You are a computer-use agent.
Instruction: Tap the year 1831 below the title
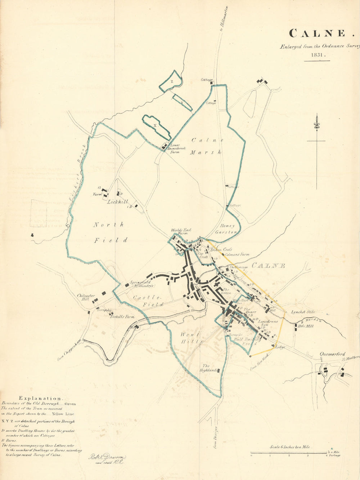[317, 55]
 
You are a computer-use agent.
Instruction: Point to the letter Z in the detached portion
[172, 82]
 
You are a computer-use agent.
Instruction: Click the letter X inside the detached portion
[156, 125]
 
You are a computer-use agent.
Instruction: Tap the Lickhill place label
[118, 202]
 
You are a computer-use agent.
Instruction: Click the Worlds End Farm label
[181, 231]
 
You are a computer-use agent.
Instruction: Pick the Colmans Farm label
[237, 254]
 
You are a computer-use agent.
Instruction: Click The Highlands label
[210, 368]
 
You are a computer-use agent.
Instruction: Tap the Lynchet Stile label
[303, 312]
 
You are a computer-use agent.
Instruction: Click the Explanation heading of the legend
[40, 398]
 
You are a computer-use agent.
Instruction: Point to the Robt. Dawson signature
[107, 458]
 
